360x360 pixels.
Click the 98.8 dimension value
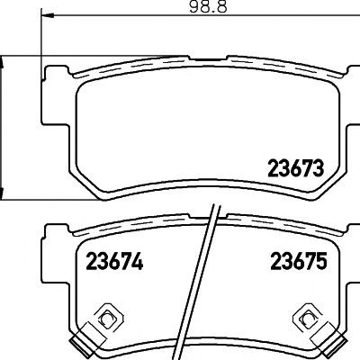208,6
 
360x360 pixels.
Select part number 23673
296,168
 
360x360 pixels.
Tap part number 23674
114,261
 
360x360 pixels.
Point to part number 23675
298,261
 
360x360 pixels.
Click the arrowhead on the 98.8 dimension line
48,15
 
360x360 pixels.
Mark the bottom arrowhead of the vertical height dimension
2,193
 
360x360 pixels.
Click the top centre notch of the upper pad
208,58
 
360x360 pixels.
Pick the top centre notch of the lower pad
208,217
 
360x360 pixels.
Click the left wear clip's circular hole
106,320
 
